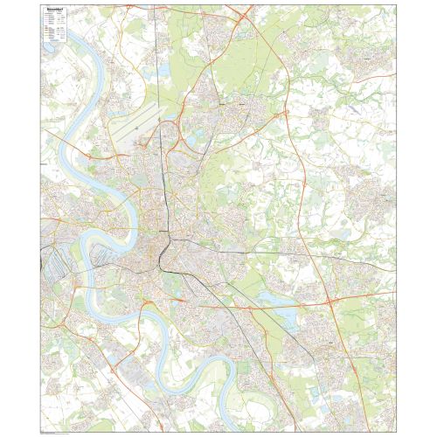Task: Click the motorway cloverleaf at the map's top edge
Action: (x=244, y=13)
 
